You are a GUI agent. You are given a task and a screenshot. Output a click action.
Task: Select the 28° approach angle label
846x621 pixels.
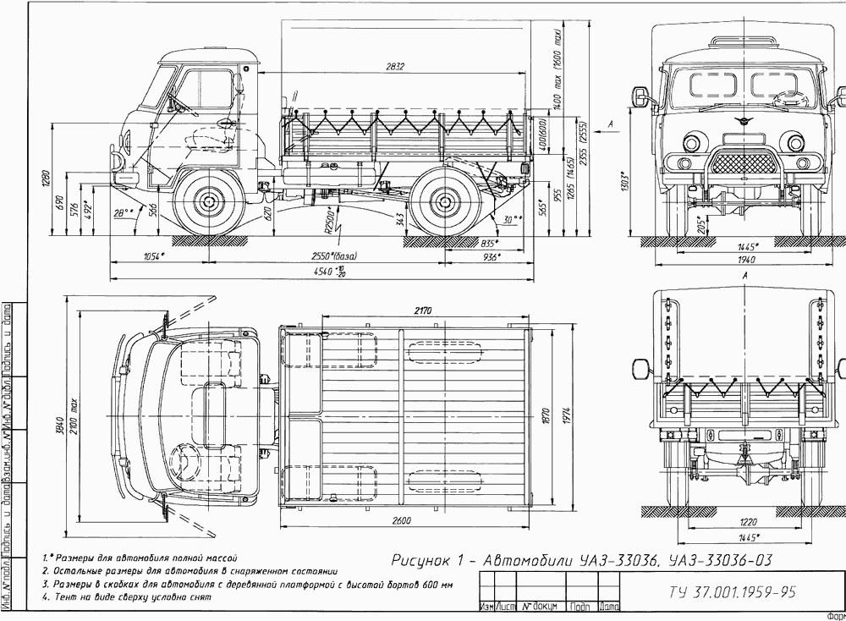pyautogui.click(x=124, y=214)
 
